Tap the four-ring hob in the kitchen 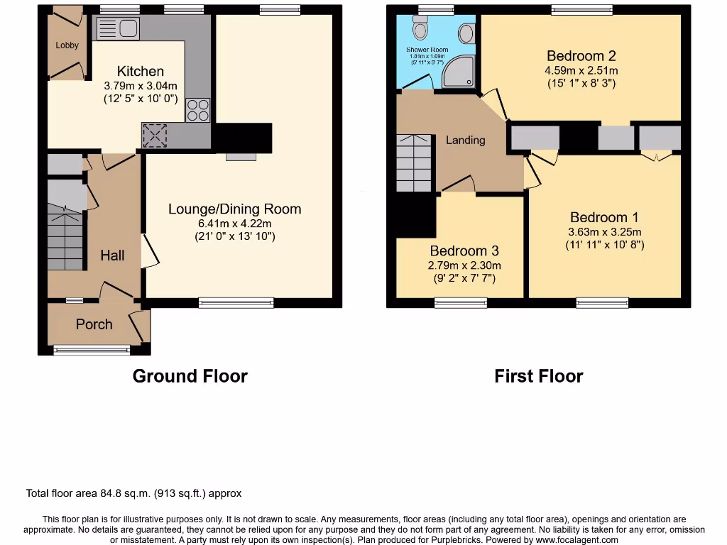198,110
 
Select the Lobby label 67,45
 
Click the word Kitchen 140,71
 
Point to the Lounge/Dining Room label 234,209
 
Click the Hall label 112,255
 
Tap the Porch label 94,324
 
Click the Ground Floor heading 190,376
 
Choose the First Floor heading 538,376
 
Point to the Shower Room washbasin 467,33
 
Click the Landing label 465,140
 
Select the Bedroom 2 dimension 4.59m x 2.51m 581,70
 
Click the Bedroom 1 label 598,217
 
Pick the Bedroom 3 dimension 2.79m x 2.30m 464,265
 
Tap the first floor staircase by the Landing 413,163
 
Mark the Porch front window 92,349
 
